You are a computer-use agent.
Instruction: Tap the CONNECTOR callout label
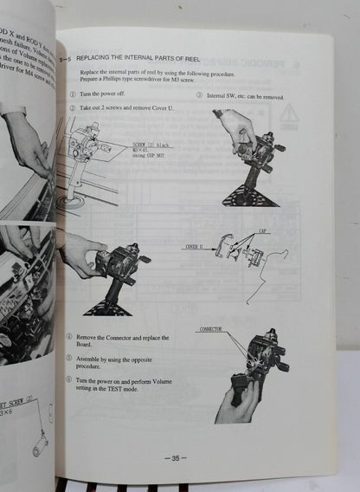211,329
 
